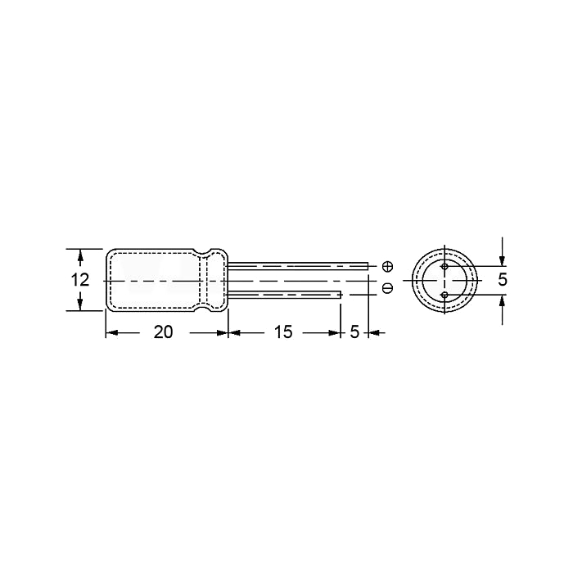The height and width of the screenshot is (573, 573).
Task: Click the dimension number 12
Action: tap(79, 280)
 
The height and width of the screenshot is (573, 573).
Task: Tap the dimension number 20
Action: tap(163, 332)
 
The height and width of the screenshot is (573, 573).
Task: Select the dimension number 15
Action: tap(283, 332)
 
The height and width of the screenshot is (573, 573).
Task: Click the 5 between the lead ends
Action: tap(354, 332)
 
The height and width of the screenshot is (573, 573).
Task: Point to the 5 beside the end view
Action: tap(503, 280)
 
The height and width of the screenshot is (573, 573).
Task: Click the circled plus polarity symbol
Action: tap(387, 267)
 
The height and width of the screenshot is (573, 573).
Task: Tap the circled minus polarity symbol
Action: tap(387, 288)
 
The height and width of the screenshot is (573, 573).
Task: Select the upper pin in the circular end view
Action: tap(444, 266)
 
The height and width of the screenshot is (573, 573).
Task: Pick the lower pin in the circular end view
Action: tap(444, 295)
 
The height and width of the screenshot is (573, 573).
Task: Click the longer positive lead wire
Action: tap(297, 266)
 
